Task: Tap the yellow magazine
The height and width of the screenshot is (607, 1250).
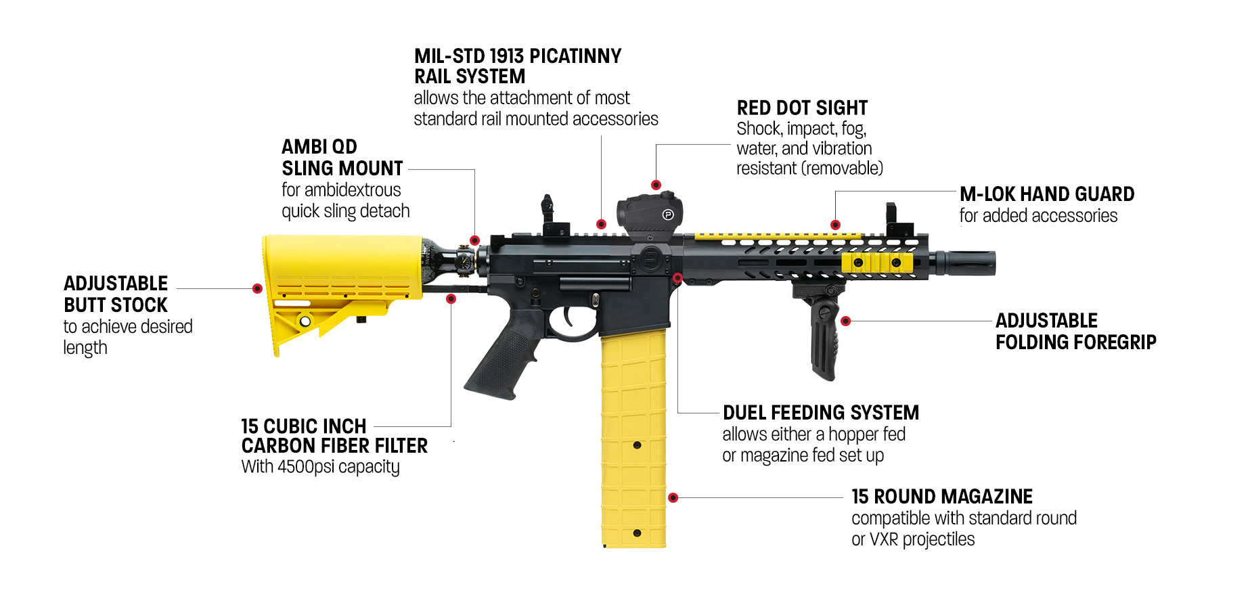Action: coord(633,440)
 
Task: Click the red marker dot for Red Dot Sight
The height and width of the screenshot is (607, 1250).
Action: coord(656,185)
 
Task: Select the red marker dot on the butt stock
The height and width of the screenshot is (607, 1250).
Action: coord(257,289)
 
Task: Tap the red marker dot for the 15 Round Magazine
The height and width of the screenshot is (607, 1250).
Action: coord(673,498)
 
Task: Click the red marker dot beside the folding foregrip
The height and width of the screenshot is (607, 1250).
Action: coord(845,321)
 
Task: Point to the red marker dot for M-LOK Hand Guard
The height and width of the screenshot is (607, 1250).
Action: coord(835,225)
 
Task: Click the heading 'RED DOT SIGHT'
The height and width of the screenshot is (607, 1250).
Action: coord(802,108)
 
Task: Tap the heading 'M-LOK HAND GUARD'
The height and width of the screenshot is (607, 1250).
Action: coord(1046,195)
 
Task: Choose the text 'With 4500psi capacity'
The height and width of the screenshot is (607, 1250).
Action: coord(320,467)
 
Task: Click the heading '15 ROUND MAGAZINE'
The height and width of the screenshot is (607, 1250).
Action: coord(941,497)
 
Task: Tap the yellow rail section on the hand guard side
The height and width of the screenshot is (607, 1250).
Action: coord(877,263)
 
